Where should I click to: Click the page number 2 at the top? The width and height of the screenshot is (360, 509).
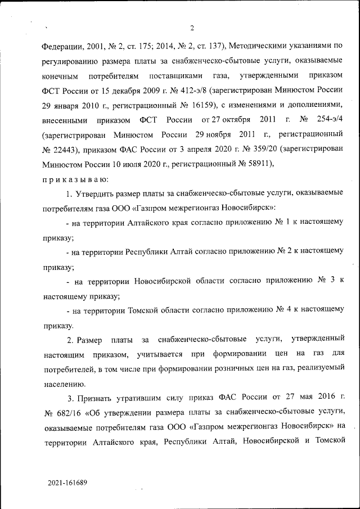[192, 28]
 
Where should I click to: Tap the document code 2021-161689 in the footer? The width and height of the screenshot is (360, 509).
[67, 483]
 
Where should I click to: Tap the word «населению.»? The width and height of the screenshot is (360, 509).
[64, 385]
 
